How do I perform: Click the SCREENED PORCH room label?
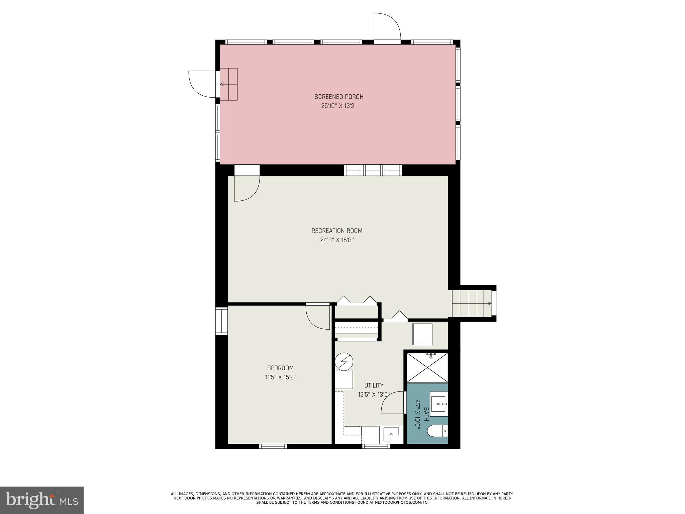point(338,97)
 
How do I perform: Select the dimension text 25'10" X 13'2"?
point(338,106)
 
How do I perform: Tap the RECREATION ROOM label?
point(337,231)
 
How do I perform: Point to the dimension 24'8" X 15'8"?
point(337,240)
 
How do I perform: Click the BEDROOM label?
point(280,368)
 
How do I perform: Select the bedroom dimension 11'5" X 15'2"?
point(280,377)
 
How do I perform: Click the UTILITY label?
point(374,385)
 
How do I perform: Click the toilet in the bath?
point(438,431)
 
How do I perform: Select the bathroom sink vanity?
point(438,404)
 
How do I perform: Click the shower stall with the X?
point(427,367)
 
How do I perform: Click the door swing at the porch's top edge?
point(387,27)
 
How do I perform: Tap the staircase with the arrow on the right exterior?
point(472,304)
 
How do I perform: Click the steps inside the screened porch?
point(229,84)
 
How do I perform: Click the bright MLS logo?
point(42,500)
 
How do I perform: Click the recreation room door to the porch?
point(247,188)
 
